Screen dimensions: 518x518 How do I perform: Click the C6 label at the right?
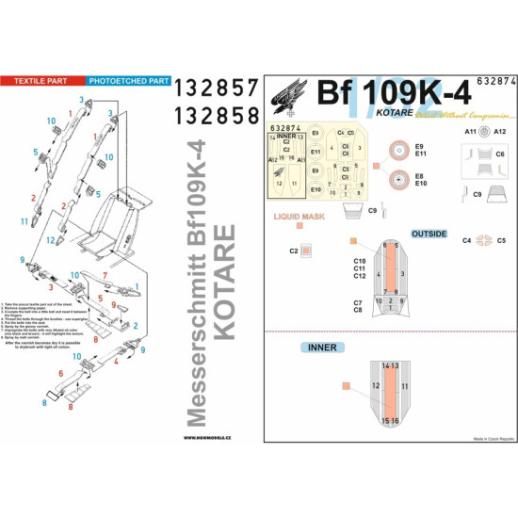(x=500, y=153)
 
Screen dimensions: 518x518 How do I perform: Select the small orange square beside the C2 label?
(x=306, y=251)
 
